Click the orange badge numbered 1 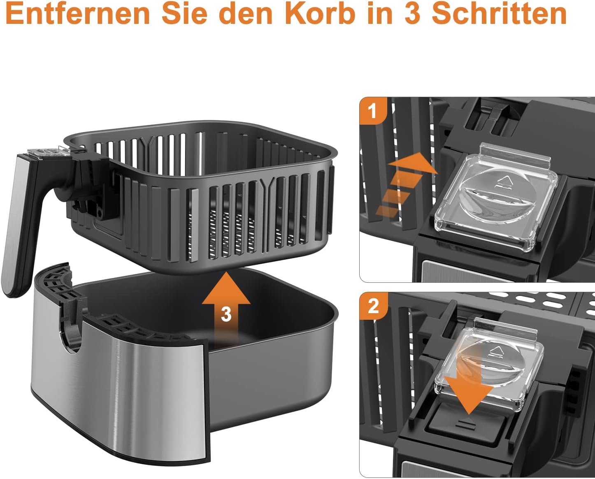(x=373, y=111)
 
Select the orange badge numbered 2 (x=373, y=306)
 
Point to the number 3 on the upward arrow (x=226, y=314)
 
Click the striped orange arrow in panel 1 (x=405, y=181)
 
